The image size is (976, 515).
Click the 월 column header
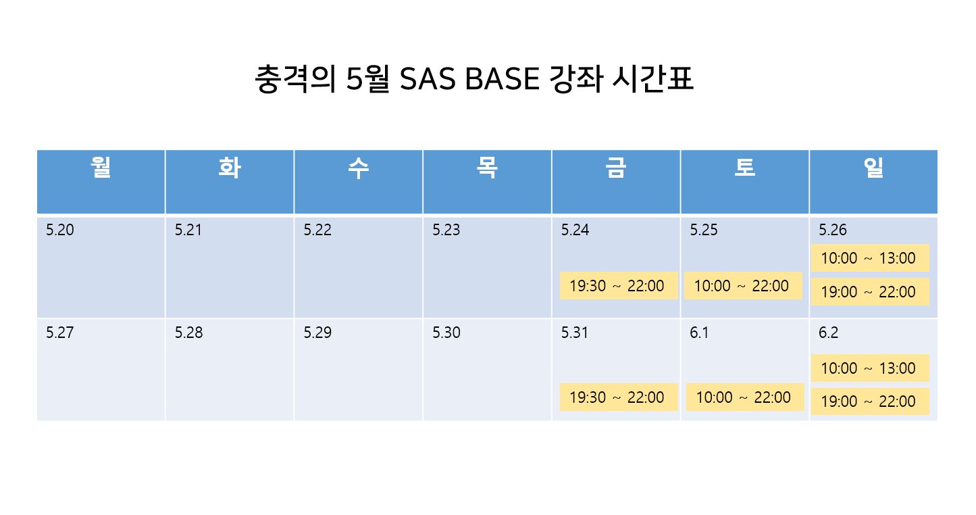101,168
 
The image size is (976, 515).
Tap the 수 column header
358,168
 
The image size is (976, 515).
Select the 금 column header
616,168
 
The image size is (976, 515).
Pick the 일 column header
873,168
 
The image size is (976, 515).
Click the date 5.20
59,230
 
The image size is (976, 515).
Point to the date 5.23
446,230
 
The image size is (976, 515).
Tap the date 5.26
832,230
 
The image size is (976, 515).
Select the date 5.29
317,333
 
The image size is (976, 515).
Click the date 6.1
699,333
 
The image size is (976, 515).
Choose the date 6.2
828,333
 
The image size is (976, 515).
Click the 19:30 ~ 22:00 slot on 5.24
618,286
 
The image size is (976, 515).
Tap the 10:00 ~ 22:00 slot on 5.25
743,286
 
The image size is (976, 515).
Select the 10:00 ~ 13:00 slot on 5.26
870,257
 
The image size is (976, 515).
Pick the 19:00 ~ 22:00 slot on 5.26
870,292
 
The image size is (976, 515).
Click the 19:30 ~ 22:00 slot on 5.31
618,397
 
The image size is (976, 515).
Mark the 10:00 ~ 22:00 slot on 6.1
744,397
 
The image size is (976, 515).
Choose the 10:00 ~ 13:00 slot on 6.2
870,368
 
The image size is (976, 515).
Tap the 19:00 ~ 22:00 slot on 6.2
870,401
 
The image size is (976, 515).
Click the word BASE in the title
502,79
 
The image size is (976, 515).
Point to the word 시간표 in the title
652,79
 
